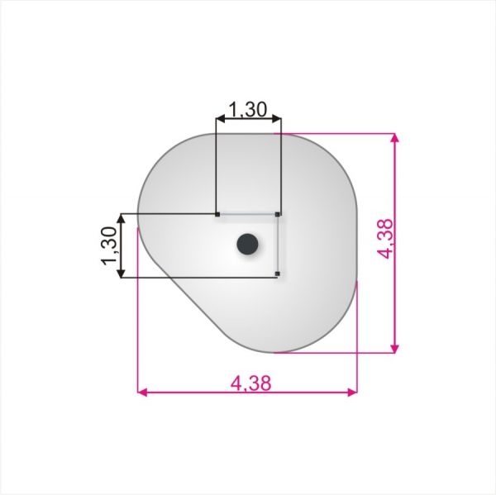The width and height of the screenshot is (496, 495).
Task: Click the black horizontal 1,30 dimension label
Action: coord(248,109)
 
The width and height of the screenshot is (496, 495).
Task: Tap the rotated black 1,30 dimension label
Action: coord(109,245)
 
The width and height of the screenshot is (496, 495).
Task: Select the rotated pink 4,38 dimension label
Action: coord(386,239)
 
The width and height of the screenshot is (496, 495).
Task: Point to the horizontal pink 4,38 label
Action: coord(250,383)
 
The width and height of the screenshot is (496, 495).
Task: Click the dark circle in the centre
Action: coord(247,244)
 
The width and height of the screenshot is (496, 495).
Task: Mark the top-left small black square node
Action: coord(217,215)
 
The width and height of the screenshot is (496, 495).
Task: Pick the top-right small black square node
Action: coord(278,215)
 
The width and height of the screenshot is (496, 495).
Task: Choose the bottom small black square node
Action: coord(278,274)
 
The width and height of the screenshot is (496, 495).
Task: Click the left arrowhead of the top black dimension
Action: coord(220,119)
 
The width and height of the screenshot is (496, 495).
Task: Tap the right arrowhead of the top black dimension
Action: coord(276,119)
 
